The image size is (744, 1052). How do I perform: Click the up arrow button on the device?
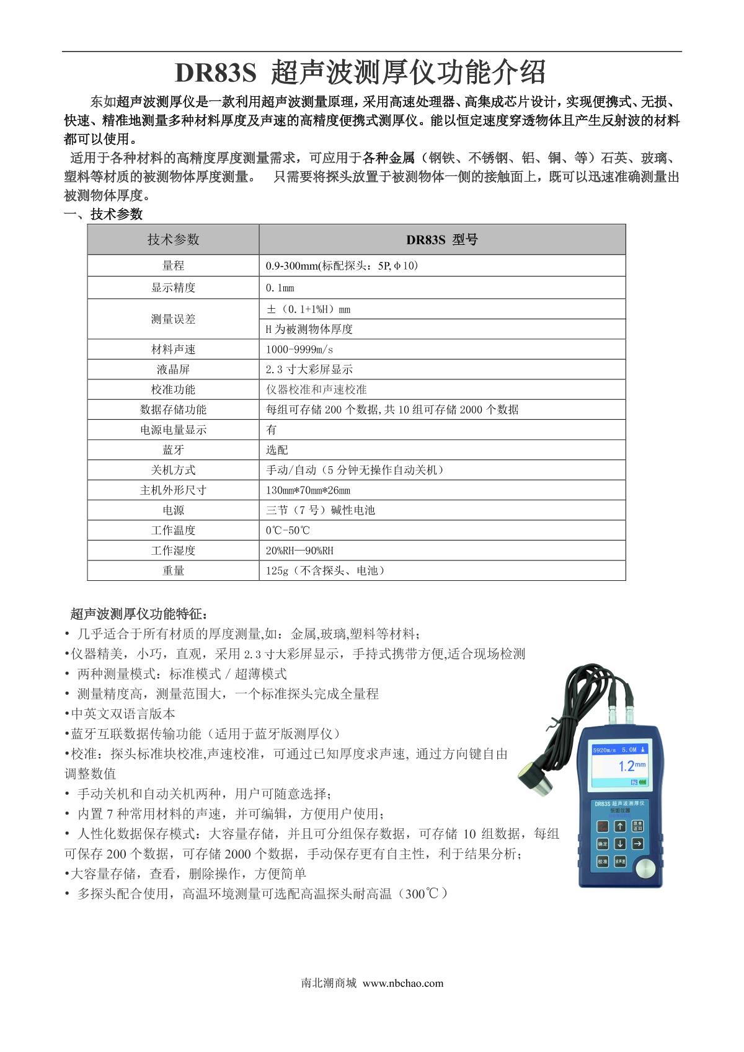619,826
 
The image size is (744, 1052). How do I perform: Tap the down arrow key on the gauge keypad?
619,844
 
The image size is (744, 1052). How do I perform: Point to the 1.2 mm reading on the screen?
629,766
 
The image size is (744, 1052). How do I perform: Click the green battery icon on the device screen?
642,782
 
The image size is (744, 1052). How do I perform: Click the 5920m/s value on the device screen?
605,749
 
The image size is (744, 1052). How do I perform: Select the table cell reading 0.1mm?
280,288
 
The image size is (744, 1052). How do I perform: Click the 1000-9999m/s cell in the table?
299,349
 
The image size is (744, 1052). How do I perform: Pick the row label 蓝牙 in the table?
173,449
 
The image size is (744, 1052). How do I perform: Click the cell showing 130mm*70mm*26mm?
308,490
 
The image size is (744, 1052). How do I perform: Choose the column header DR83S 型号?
441,240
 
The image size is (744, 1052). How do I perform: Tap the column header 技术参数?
173,240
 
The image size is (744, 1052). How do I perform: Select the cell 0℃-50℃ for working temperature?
288,531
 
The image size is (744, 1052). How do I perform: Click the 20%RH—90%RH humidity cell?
299,550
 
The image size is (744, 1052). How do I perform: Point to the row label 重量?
173,570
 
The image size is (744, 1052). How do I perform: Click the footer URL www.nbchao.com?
403,983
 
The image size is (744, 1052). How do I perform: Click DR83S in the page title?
215,73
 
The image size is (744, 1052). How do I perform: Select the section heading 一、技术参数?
104,214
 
